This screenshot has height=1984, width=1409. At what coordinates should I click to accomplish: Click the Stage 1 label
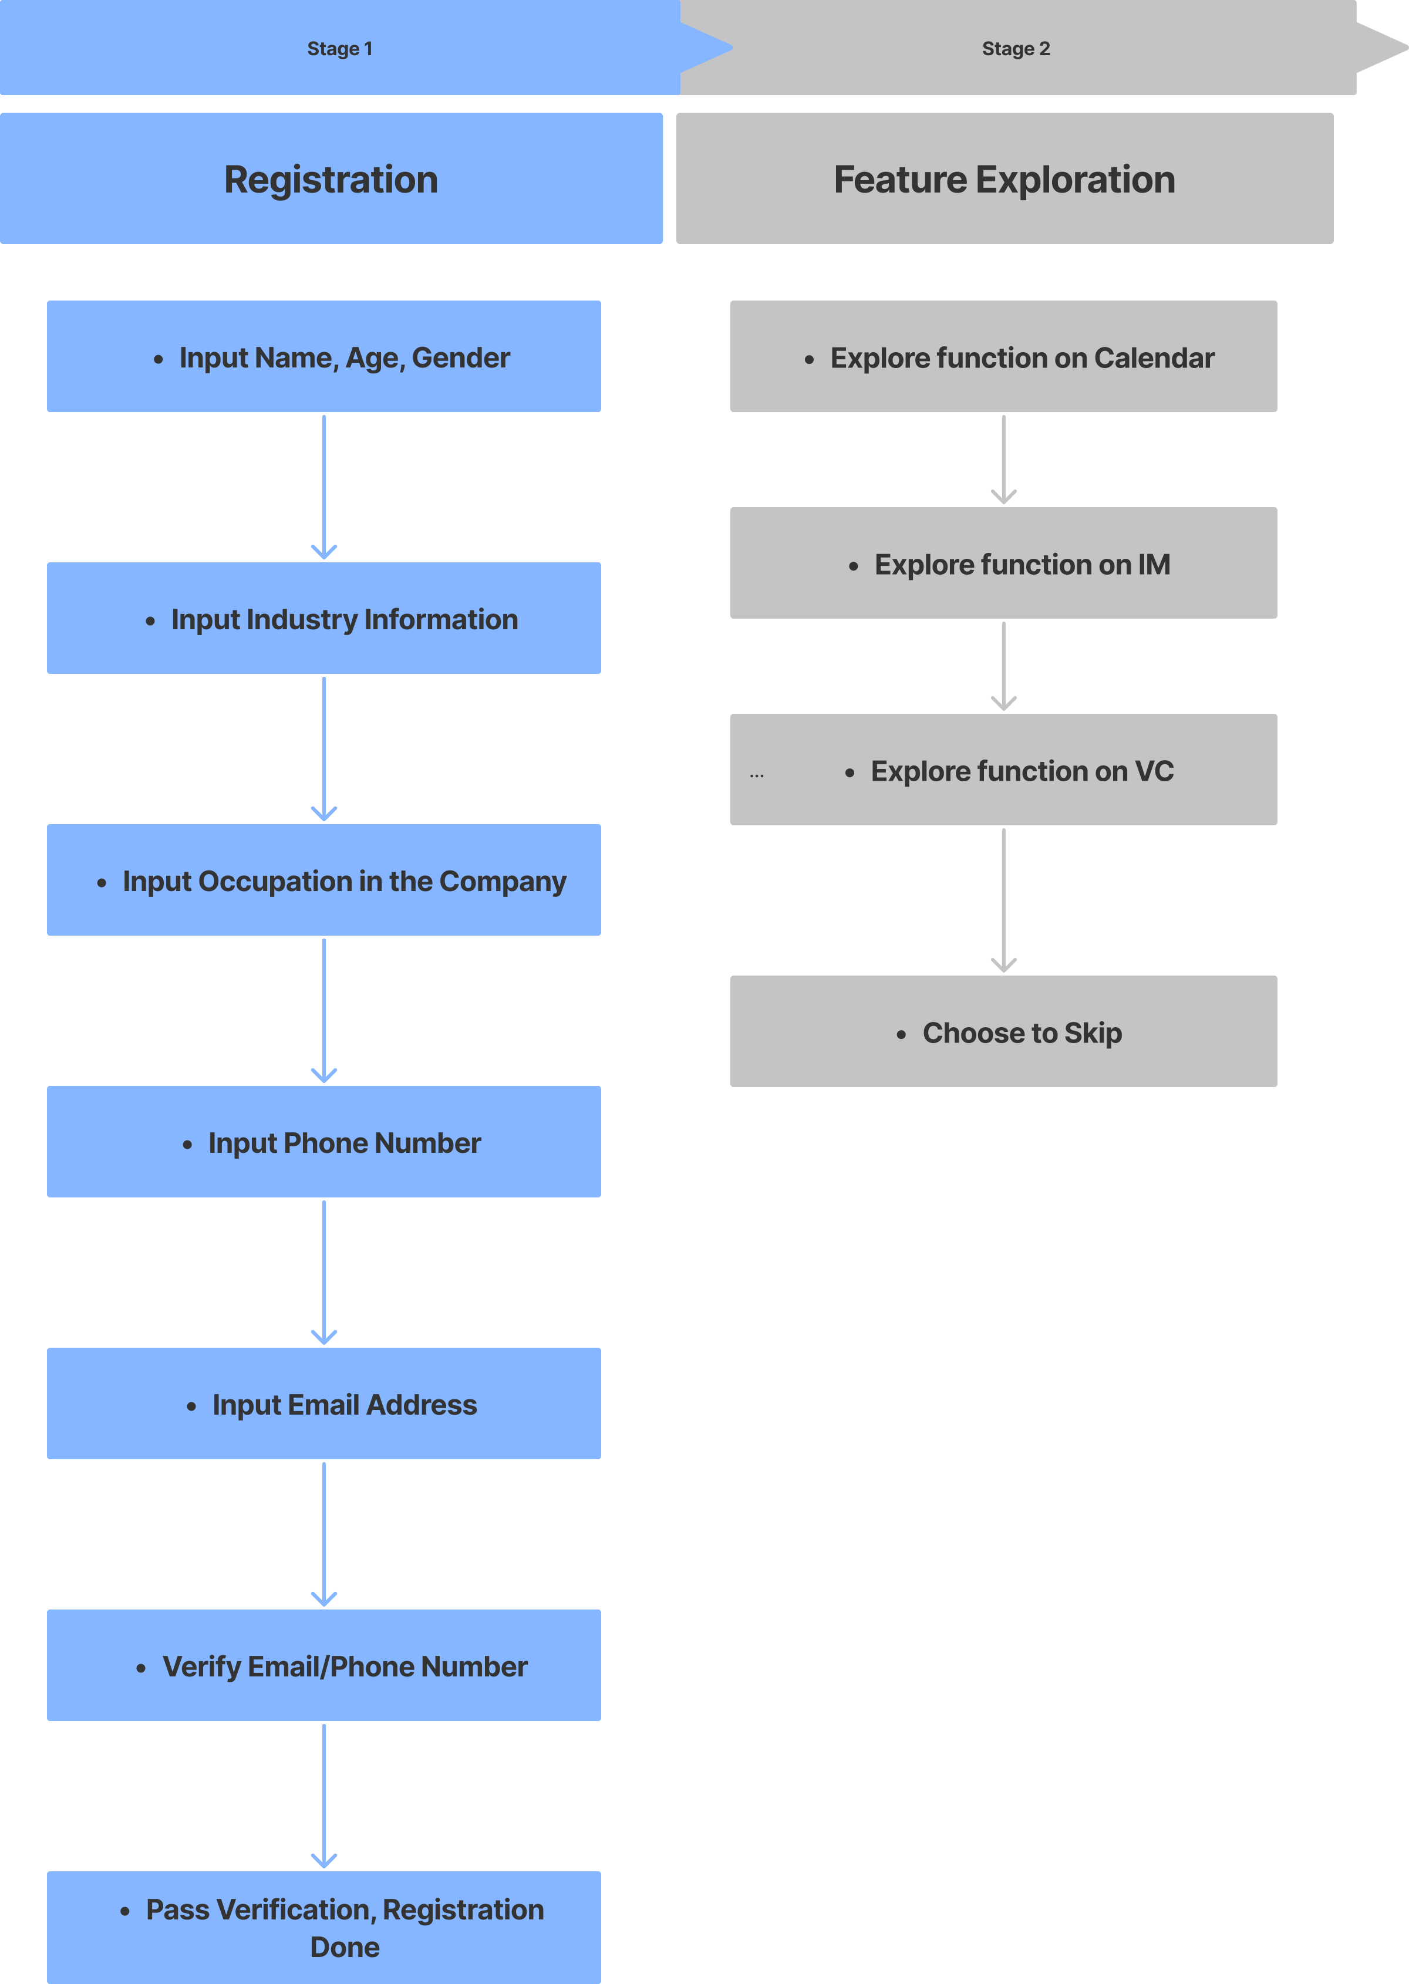click(339, 49)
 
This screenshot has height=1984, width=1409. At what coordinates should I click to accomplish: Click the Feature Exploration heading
click(1004, 180)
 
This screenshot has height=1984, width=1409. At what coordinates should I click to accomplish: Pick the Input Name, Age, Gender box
click(323, 356)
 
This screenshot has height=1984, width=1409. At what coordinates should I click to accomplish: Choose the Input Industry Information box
click(323, 619)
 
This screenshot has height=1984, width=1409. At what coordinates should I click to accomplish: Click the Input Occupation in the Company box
click(323, 880)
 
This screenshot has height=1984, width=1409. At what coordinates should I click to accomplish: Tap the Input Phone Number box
click(323, 1142)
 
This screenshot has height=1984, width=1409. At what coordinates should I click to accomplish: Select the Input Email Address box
click(323, 1403)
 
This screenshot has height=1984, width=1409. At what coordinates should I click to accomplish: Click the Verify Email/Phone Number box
click(323, 1666)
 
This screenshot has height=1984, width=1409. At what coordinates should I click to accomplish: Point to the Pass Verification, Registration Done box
click(323, 1928)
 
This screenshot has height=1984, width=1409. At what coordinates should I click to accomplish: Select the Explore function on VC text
click(1022, 771)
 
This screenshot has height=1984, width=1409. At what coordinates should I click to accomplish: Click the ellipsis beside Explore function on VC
click(757, 775)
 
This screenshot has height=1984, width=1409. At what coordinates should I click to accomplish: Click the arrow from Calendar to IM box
click(1004, 460)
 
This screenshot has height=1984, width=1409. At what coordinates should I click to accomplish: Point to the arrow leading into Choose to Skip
click(1004, 900)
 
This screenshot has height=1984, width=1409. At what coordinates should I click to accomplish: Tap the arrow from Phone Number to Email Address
click(323, 1273)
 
